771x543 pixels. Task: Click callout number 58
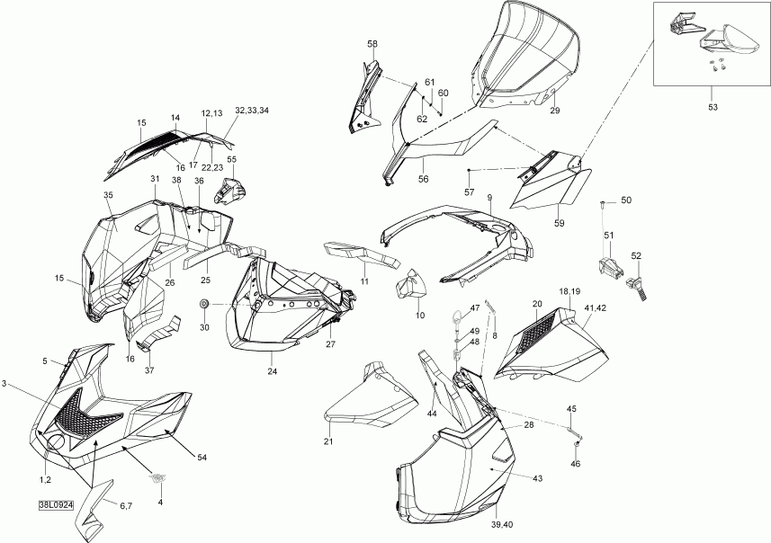click(372, 44)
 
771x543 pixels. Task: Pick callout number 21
click(328, 441)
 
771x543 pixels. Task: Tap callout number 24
click(272, 369)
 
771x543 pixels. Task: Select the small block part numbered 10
click(413, 287)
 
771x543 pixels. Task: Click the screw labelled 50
click(603, 206)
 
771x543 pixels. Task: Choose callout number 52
click(636, 255)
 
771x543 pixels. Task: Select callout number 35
click(108, 195)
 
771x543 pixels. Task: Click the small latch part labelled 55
click(231, 191)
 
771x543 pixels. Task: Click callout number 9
click(489, 197)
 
